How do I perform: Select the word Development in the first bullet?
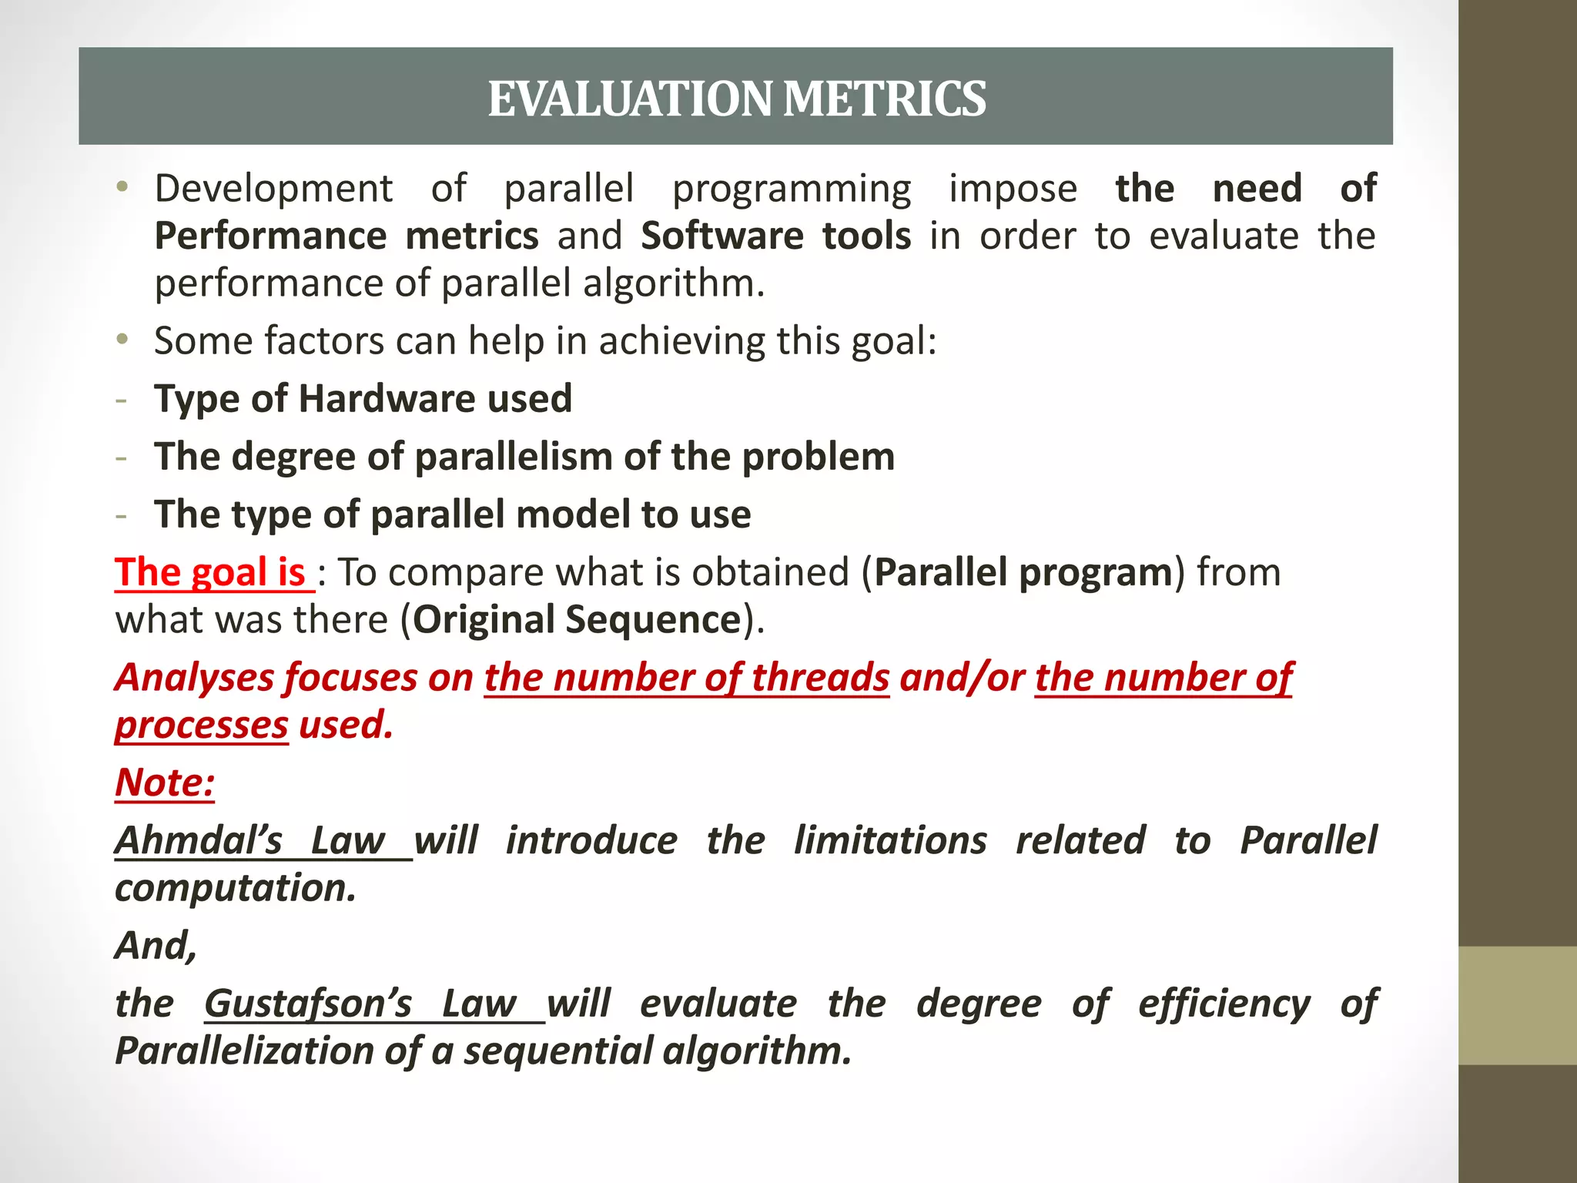coord(273,189)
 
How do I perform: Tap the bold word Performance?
coord(270,236)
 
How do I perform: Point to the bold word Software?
coord(722,236)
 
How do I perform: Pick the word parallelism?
coord(514,457)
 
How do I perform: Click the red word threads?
coord(820,679)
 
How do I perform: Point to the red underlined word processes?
coord(202,726)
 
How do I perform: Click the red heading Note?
coord(165,783)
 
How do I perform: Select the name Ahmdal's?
coord(199,841)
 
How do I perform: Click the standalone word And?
coord(156,946)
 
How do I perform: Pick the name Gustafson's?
coord(308,1004)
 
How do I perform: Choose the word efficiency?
coord(1224,1004)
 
